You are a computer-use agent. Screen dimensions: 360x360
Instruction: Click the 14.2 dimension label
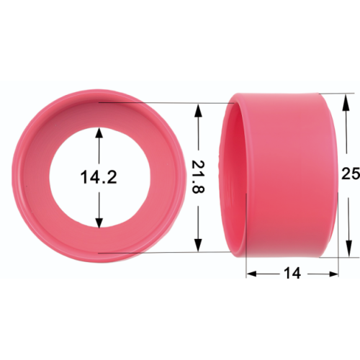99,177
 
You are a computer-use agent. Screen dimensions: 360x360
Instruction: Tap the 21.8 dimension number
198,176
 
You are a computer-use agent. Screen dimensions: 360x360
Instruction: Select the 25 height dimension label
351,174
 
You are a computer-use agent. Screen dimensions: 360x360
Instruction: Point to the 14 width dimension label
292,273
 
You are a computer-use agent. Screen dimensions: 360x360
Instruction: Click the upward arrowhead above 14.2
99,132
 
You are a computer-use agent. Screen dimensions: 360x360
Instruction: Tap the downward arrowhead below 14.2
99,222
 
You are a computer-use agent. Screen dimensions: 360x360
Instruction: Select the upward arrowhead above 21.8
198,110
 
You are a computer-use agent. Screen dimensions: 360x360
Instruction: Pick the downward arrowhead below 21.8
198,246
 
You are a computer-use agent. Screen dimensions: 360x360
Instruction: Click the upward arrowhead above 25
346,102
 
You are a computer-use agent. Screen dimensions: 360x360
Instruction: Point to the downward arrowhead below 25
349,248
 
